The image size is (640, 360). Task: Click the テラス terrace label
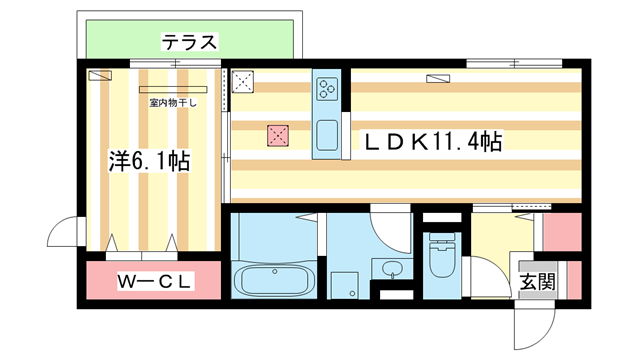point(189,42)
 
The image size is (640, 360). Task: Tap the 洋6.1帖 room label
point(149,159)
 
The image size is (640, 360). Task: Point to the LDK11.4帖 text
point(431,143)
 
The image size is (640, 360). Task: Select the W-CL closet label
point(155,284)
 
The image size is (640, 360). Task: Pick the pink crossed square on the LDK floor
point(277,136)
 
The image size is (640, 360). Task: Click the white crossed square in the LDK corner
point(243,82)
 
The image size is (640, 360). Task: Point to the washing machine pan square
point(346,284)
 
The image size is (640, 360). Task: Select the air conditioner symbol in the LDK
point(438,76)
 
